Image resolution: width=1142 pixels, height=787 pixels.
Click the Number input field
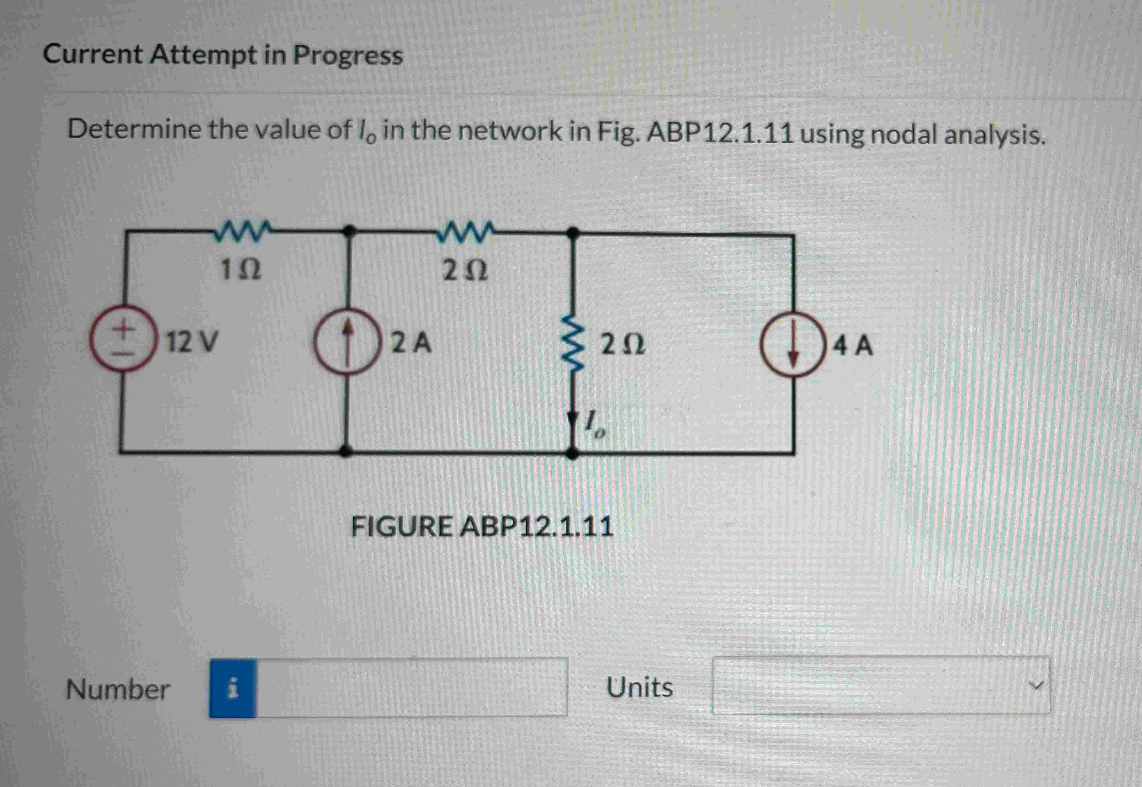click(411, 687)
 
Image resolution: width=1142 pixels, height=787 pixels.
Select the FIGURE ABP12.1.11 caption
click(482, 527)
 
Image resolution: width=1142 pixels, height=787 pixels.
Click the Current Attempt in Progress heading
click(223, 54)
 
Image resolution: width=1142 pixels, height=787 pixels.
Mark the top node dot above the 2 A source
click(349, 230)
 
